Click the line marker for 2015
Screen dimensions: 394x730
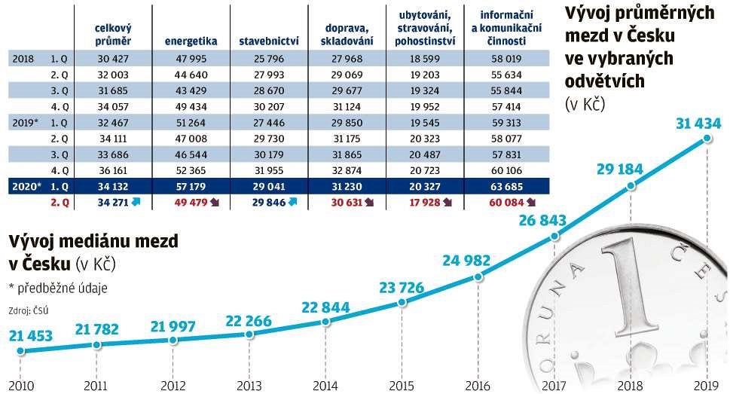pyautogui.click(x=402, y=302)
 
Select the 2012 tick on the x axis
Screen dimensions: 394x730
pyautogui.click(x=172, y=384)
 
